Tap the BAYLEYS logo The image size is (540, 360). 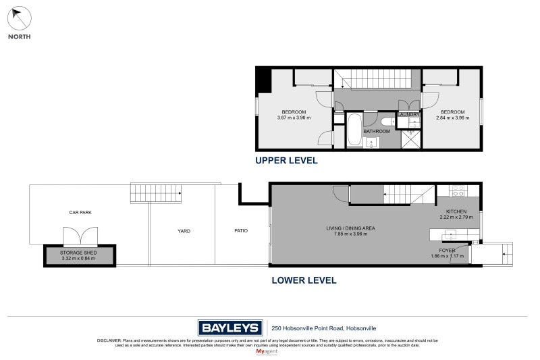tap(230, 328)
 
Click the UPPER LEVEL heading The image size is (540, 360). tap(286, 161)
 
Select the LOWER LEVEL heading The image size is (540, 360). tap(303, 280)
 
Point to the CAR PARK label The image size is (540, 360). tap(80, 212)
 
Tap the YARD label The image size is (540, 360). tap(184, 231)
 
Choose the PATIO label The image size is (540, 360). tap(240, 231)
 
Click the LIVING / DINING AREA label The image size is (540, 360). tap(350, 228)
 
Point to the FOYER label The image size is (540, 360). tap(447, 250)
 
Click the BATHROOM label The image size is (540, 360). tap(377, 131)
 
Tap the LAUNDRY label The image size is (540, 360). tap(409, 115)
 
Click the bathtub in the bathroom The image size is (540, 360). tap(354, 130)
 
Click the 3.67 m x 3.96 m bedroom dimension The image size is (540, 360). tap(294, 118)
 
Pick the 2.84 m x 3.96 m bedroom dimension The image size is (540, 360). tap(452, 118)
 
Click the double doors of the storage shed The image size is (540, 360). tap(80, 236)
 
